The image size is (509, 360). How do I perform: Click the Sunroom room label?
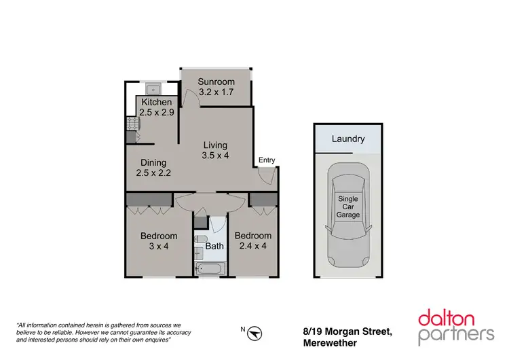pos(216,82)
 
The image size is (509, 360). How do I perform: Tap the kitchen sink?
pos(153,88)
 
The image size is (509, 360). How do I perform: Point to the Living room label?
pos(216,145)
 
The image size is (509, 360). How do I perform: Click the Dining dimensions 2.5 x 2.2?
pos(153,173)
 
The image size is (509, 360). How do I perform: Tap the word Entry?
pos(267,160)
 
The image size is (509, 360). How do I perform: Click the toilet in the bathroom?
pos(200,239)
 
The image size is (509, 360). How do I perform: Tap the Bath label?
pos(215,246)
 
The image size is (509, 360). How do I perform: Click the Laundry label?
pos(348,139)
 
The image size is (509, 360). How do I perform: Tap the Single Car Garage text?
pos(348,206)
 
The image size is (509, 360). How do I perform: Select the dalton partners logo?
pos(456,325)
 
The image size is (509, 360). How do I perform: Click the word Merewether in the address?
pos(330,343)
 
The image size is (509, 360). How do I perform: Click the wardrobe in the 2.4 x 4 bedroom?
pos(263,199)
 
